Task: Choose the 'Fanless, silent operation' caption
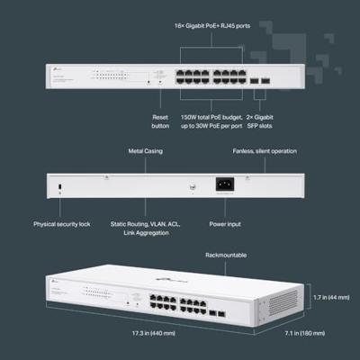tap(265, 152)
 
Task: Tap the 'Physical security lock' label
tap(62, 224)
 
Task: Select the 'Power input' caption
tap(224, 224)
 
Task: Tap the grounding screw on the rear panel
tap(192, 188)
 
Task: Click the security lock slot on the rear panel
tap(59, 186)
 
